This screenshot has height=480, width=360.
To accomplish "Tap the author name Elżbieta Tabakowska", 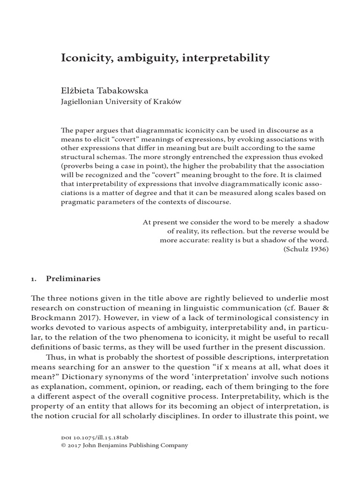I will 109,89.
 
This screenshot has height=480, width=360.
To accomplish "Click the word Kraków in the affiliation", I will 170,101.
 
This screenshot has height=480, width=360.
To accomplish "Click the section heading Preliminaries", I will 73,278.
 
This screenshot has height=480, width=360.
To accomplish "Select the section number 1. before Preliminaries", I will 34,278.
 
